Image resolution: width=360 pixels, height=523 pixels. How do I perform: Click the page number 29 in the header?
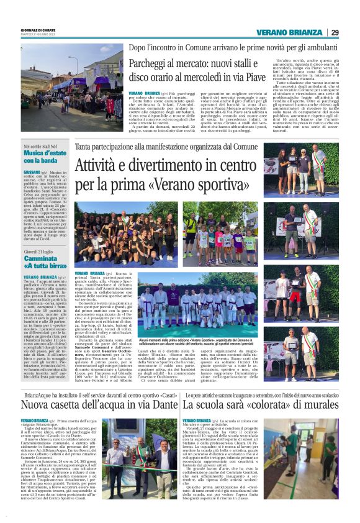335,33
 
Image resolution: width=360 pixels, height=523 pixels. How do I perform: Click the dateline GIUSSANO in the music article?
33,171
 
